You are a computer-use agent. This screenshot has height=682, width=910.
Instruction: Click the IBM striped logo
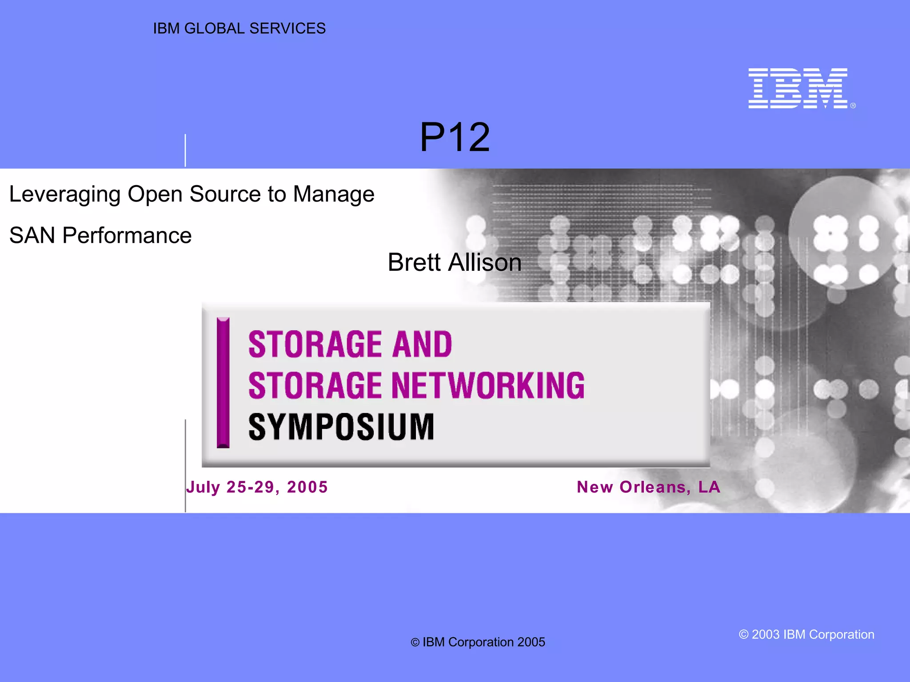coord(798,88)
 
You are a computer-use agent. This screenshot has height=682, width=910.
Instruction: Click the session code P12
coord(455,138)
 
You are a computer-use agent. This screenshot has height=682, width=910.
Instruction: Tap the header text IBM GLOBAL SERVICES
coord(239,28)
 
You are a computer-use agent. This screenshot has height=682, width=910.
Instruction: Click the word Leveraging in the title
coord(65,194)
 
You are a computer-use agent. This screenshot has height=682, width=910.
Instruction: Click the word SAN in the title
coord(32,235)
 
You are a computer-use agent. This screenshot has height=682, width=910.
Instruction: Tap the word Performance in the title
coord(127,235)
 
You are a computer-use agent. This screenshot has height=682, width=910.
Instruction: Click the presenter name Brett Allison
coord(455,262)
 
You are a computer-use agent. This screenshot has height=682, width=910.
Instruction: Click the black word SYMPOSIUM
coord(341,427)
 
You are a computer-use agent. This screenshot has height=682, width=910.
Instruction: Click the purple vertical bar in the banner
coord(223,383)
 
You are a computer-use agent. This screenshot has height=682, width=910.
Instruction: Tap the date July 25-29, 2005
coord(257,487)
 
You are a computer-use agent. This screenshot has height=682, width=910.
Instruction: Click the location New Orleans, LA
coord(648,487)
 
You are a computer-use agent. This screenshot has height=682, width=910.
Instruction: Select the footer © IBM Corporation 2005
coord(478,642)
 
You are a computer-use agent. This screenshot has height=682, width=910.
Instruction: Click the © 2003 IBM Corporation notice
coord(806,634)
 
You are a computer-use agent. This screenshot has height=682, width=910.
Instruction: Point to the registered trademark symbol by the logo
coord(853,106)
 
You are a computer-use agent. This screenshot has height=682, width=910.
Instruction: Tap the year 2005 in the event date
coord(307,487)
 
